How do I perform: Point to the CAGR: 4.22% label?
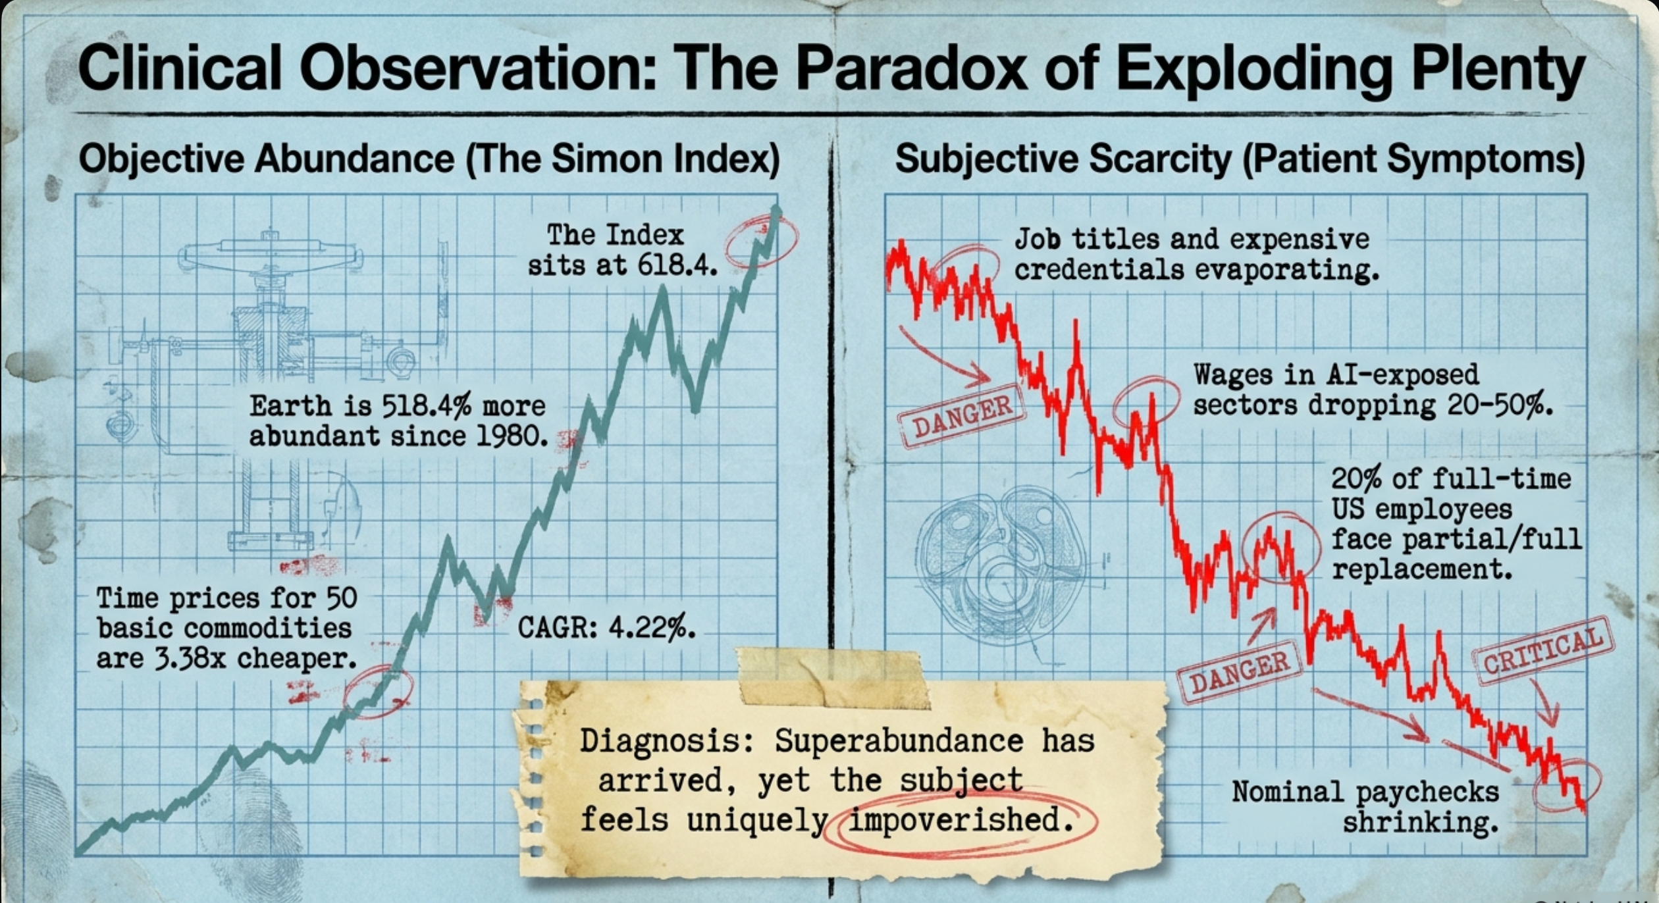606,627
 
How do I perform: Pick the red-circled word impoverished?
955,820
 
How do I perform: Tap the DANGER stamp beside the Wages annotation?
962,415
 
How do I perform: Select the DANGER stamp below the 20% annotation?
1239,673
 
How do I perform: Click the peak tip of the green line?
777,209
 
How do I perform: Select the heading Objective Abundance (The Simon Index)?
429,159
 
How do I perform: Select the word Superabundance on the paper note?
899,742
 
